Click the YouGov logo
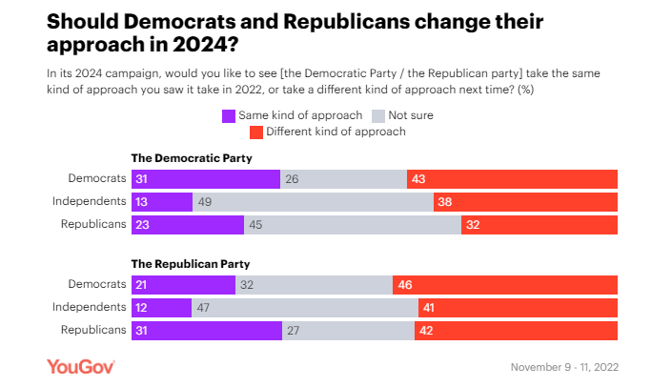coord(81,366)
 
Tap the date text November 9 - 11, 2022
coord(564,367)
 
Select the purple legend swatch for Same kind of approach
coord(229,115)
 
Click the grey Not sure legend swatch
coord(377,115)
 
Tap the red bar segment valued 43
coord(512,178)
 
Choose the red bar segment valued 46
coord(505,284)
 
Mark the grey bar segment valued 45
coord(353,224)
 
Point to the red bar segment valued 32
coord(540,224)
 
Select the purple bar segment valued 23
coord(187,224)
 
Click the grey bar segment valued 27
coord(348,330)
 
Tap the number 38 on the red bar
coord(444,201)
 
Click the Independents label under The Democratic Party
coord(89,201)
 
